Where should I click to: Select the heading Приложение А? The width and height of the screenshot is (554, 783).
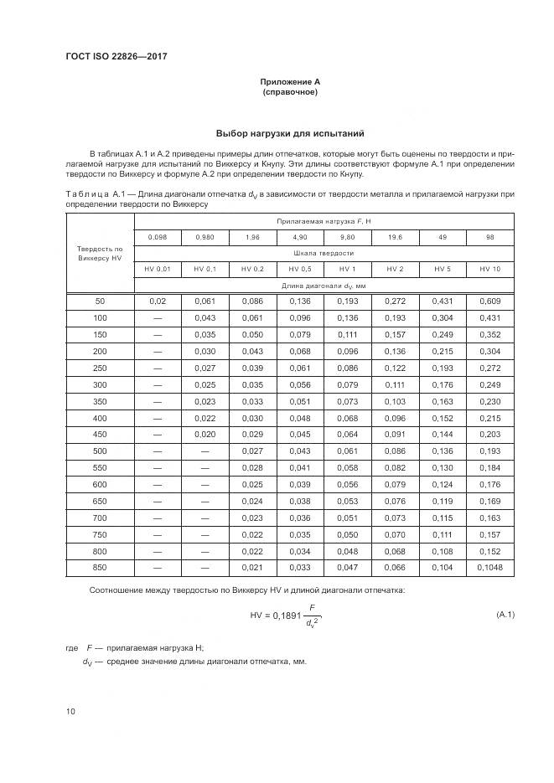click(290, 81)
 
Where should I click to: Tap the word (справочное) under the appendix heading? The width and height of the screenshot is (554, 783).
click(290, 91)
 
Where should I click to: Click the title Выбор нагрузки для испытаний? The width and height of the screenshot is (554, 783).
click(290, 133)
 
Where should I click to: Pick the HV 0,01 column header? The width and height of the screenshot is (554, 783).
click(157, 268)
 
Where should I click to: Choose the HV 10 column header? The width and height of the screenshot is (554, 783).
click(489, 268)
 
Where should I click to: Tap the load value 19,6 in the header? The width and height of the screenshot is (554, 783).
click(395, 237)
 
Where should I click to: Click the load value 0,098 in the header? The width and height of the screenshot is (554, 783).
click(157, 237)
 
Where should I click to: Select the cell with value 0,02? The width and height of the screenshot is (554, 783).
click(157, 300)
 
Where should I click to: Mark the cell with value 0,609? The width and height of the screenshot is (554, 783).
click(489, 300)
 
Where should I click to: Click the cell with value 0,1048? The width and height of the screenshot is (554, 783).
click(489, 568)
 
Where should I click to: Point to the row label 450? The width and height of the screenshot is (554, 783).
click(100, 434)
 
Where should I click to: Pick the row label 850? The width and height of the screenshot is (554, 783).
click(100, 568)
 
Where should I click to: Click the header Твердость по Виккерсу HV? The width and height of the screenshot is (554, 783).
click(100, 253)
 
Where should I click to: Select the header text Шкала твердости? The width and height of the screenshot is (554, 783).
click(324, 252)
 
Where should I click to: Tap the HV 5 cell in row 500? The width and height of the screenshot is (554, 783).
click(442, 451)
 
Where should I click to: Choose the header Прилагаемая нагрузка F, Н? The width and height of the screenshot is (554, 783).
click(324, 221)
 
